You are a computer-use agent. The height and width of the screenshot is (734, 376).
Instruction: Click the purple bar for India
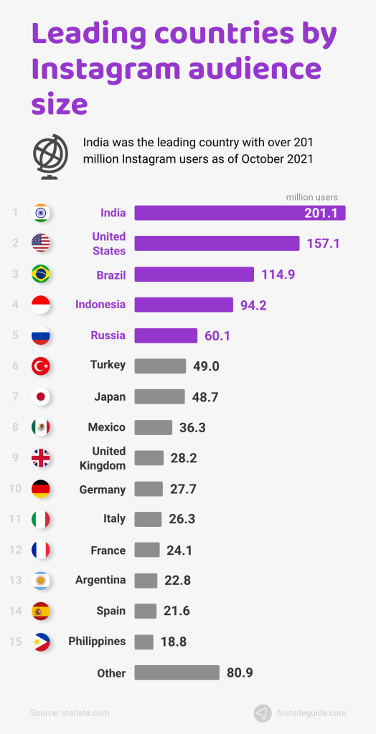(240, 213)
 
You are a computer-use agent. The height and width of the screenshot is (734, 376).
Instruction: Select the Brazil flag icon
(41, 275)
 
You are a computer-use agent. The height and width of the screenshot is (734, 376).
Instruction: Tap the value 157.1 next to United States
(323, 244)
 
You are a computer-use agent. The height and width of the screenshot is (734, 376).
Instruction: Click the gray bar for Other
(177, 673)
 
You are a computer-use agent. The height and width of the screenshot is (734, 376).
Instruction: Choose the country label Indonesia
(100, 305)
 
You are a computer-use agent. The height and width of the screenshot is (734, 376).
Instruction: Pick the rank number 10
(14, 490)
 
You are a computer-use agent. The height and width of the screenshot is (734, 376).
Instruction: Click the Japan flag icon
(41, 396)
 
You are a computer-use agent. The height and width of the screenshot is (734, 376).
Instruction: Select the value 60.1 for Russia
(216, 336)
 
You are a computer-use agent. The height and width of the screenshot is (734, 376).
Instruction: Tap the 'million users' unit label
(311, 197)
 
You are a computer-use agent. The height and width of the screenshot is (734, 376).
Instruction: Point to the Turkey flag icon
(41, 366)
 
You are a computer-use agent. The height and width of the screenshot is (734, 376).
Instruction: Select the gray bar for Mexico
(154, 427)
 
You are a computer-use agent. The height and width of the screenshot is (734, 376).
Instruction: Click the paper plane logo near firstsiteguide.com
(263, 713)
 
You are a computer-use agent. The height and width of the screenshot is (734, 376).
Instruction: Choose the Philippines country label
(97, 642)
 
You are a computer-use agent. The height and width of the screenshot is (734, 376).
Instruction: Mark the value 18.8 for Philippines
(173, 642)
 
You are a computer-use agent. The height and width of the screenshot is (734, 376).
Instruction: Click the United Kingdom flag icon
(41, 458)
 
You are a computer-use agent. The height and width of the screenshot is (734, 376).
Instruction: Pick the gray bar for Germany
(149, 490)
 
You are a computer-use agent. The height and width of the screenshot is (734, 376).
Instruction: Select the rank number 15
(14, 642)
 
